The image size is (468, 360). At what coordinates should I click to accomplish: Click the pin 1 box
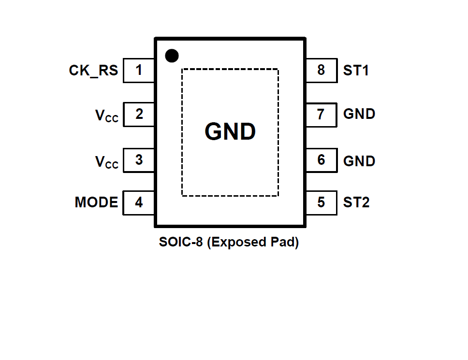[x=139, y=71]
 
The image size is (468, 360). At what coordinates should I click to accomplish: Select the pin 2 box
[x=139, y=115]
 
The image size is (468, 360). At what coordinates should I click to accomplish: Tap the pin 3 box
[x=139, y=160]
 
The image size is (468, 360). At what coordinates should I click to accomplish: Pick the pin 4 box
[x=139, y=203]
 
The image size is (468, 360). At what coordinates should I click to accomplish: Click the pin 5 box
[x=321, y=202]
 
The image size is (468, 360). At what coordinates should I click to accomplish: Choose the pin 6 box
[x=321, y=160]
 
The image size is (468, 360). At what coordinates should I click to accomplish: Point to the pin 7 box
[x=321, y=115]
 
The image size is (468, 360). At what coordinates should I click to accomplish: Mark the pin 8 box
[x=321, y=70]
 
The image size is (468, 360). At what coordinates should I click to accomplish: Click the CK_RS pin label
[x=93, y=71]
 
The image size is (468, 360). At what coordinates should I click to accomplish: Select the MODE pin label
[x=96, y=202]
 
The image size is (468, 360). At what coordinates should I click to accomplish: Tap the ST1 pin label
[x=356, y=71]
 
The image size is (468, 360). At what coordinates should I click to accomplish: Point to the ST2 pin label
[x=356, y=202]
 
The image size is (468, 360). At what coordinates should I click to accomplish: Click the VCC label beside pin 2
[x=106, y=116]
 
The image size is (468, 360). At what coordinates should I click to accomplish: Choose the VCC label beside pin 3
[x=106, y=162]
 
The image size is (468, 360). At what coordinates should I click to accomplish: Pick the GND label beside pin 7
[x=359, y=114]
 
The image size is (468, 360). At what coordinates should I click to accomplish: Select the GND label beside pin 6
[x=359, y=160]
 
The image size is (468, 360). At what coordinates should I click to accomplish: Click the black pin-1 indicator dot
[x=172, y=56]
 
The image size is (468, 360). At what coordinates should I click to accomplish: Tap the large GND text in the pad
[x=230, y=131]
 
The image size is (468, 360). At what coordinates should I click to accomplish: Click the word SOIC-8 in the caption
[x=181, y=242]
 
